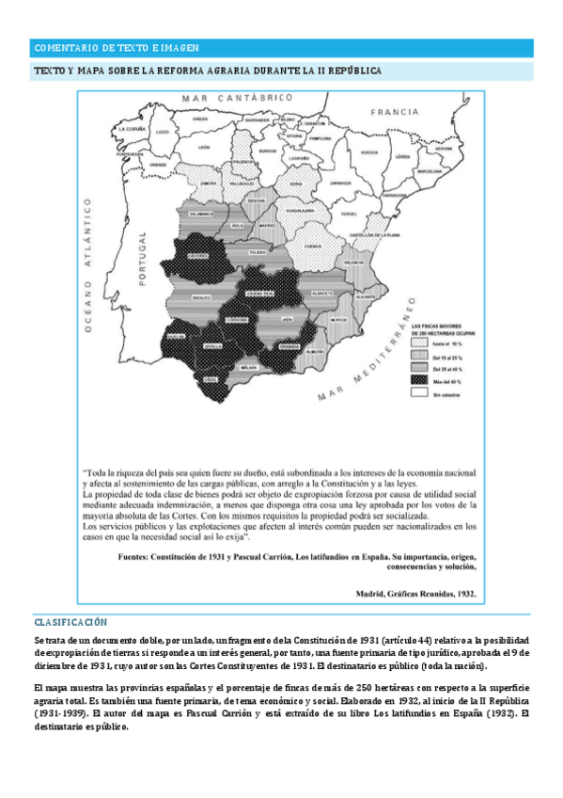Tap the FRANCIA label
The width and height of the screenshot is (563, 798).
coord(393,111)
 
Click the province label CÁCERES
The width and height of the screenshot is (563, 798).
coord(196,253)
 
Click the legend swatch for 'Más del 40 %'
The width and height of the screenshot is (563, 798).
coord(418,379)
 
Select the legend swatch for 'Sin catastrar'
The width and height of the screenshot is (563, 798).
coord(418,394)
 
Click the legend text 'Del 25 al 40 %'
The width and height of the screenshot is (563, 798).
coord(450,368)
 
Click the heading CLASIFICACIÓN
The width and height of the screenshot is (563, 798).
coord(70,622)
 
